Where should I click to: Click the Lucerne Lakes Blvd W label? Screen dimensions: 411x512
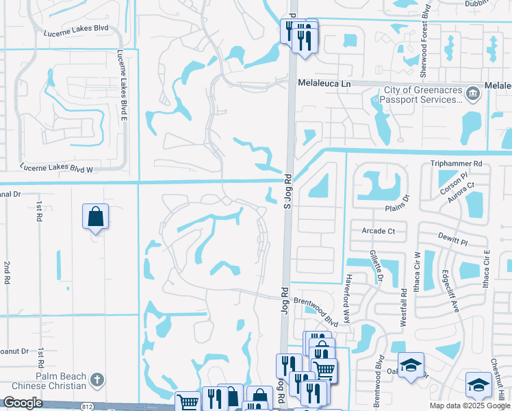click(x=56, y=166)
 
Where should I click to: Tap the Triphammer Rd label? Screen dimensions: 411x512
click(x=457, y=164)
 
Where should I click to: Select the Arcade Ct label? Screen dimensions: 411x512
click(x=378, y=232)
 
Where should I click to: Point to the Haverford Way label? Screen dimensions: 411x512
click(x=348, y=298)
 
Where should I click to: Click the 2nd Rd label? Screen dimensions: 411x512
click(x=7, y=272)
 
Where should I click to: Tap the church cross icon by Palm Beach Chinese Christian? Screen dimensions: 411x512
click(x=97, y=379)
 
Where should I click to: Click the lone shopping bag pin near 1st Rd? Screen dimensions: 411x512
click(x=95, y=217)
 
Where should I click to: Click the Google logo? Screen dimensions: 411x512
click(x=23, y=403)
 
